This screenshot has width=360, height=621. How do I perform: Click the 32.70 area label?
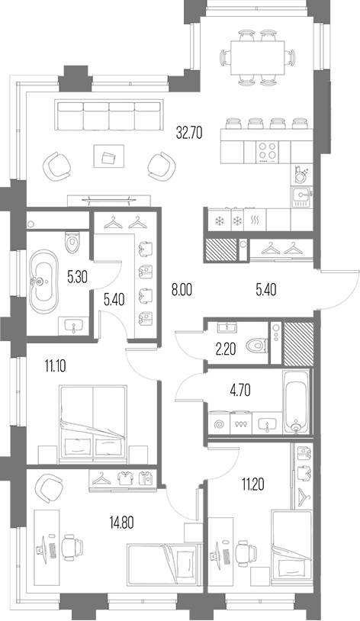(x=189, y=134)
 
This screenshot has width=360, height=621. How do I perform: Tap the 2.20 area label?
(x=227, y=349)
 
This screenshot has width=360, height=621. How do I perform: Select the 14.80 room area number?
(x=121, y=523)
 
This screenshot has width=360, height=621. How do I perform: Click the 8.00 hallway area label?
(x=182, y=290)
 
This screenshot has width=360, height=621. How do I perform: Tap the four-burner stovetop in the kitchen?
(x=267, y=152)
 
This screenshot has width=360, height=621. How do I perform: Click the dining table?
(x=258, y=57)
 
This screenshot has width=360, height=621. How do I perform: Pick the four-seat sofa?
(x=109, y=115)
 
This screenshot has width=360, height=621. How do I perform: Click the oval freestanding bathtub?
(x=43, y=282)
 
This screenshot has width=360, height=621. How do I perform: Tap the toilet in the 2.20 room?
(x=257, y=347)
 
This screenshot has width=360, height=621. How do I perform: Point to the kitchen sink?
(x=302, y=196)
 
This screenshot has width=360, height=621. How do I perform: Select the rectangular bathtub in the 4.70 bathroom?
(x=296, y=401)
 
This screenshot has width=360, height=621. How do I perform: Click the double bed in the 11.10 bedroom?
(x=93, y=423)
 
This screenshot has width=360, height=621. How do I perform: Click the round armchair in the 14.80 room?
(x=50, y=489)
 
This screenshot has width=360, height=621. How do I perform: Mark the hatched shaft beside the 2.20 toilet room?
(x=299, y=343)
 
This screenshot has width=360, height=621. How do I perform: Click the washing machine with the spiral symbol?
(x=219, y=424)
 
